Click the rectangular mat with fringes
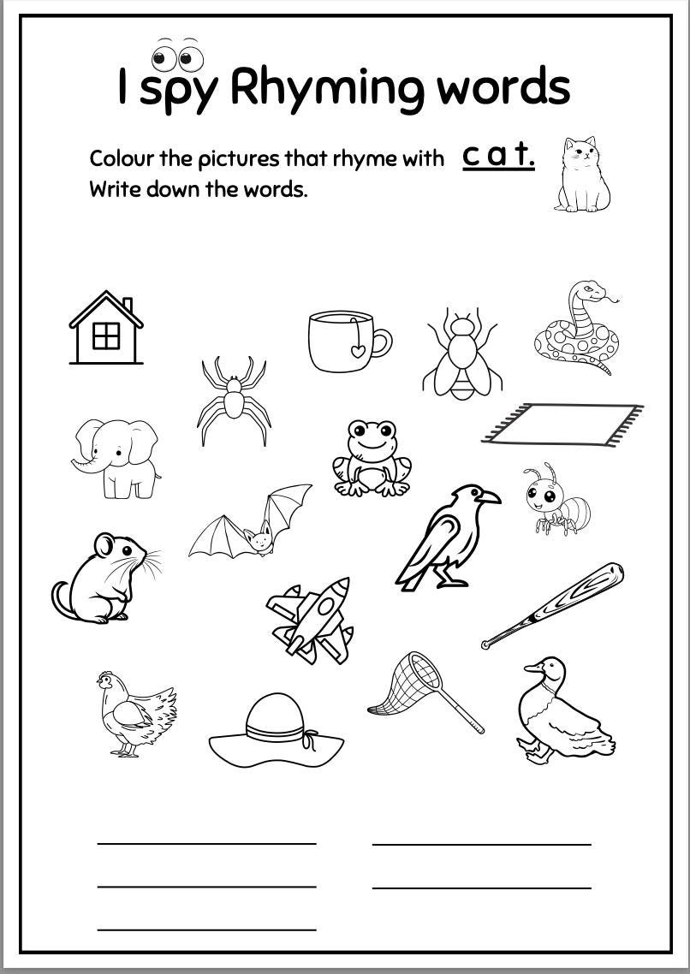562,424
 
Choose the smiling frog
372,458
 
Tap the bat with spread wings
252,524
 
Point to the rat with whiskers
101,578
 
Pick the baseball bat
554,604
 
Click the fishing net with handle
417,687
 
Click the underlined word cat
498,157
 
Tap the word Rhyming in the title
324,87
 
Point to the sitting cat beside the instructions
583,175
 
